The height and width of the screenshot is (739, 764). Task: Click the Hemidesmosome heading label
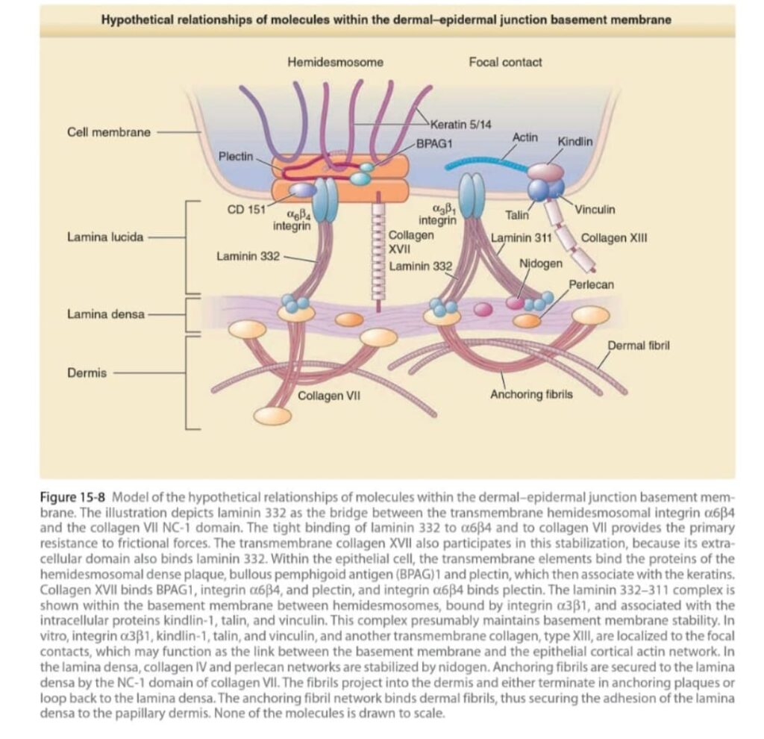coord(335,63)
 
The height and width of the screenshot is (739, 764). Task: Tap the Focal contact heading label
coord(505,63)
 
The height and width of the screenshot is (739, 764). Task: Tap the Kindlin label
coord(574,142)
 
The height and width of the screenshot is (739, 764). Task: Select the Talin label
coord(517,215)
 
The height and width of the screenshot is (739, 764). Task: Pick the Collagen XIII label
coord(613,239)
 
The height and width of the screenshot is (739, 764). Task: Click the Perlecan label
coord(591,284)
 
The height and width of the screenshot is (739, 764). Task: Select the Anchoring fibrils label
coord(531,394)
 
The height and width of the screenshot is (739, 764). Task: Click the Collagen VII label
coord(329,395)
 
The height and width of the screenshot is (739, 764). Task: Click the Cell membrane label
coord(108,132)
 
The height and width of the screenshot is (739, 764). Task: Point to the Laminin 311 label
coord(521,239)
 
